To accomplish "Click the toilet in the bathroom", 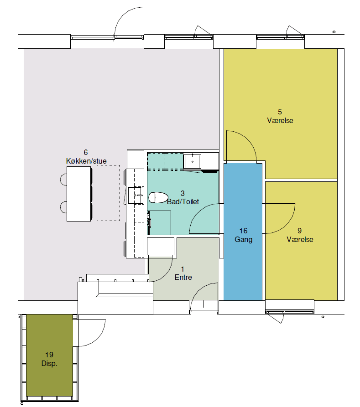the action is pyautogui.click(x=158, y=197).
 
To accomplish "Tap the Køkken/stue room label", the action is pyautogui.click(x=86, y=161).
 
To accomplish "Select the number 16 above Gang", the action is pyautogui.click(x=243, y=231).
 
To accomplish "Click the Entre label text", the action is pyautogui.click(x=183, y=277).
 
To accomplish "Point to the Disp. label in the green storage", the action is pyautogui.click(x=49, y=363).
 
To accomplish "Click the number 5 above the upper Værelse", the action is pyautogui.click(x=280, y=112).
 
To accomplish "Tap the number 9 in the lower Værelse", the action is pyautogui.click(x=299, y=231).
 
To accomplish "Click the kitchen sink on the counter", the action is pyautogui.click(x=136, y=195).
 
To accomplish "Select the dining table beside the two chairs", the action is pyautogui.click(x=79, y=194).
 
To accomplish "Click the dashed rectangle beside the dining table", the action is pyautogui.click(x=109, y=193).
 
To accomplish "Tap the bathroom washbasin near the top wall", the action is pyautogui.click(x=192, y=161).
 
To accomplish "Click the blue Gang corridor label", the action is pyautogui.click(x=244, y=239).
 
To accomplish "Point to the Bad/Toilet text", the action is pyautogui.click(x=183, y=202).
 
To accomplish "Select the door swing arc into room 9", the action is pyautogui.click(x=288, y=225).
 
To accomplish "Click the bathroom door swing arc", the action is pyautogui.click(x=198, y=212).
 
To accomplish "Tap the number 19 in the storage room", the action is pyautogui.click(x=49, y=355).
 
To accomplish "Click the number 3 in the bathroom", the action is pyautogui.click(x=183, y=193).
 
